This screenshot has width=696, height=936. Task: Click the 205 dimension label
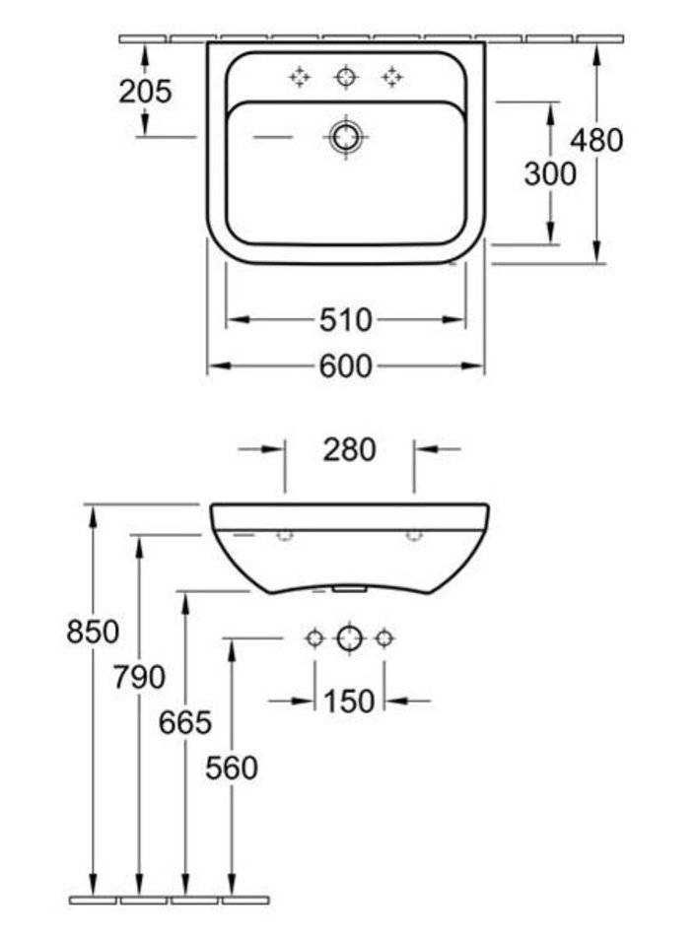tap(145, 92)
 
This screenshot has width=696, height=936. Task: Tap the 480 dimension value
tap(596, 140)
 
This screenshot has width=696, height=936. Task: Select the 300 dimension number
tap(550, 174)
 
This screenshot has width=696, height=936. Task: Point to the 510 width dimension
tap(345, 320)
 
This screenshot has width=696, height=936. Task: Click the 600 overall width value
tap(345, 366)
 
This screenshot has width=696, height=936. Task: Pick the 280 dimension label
tap(350, 449)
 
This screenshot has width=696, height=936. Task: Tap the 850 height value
tap(93, 632)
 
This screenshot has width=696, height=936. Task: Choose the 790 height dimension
tap(139, 677)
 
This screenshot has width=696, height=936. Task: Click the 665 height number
tap(185, 722)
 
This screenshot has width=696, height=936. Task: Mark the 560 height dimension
tap(232, 768)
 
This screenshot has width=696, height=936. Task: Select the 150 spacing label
tap(350, 701)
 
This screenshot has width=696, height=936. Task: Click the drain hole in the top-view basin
tap(346, 137)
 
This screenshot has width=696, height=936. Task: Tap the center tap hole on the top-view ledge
tap(346, 78)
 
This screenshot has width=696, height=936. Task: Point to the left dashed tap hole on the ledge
tap(300, 78)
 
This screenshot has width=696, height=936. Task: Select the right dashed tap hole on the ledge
tap(392, 78)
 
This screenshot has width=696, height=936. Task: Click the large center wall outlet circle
tap(350, 638)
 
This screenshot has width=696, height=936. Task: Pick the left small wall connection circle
tap(314, 638)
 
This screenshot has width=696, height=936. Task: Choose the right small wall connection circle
tap(384, 638)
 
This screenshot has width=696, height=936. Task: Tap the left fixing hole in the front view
tap(285, 534)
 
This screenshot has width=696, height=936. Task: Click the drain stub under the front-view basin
tap(350, 588)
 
